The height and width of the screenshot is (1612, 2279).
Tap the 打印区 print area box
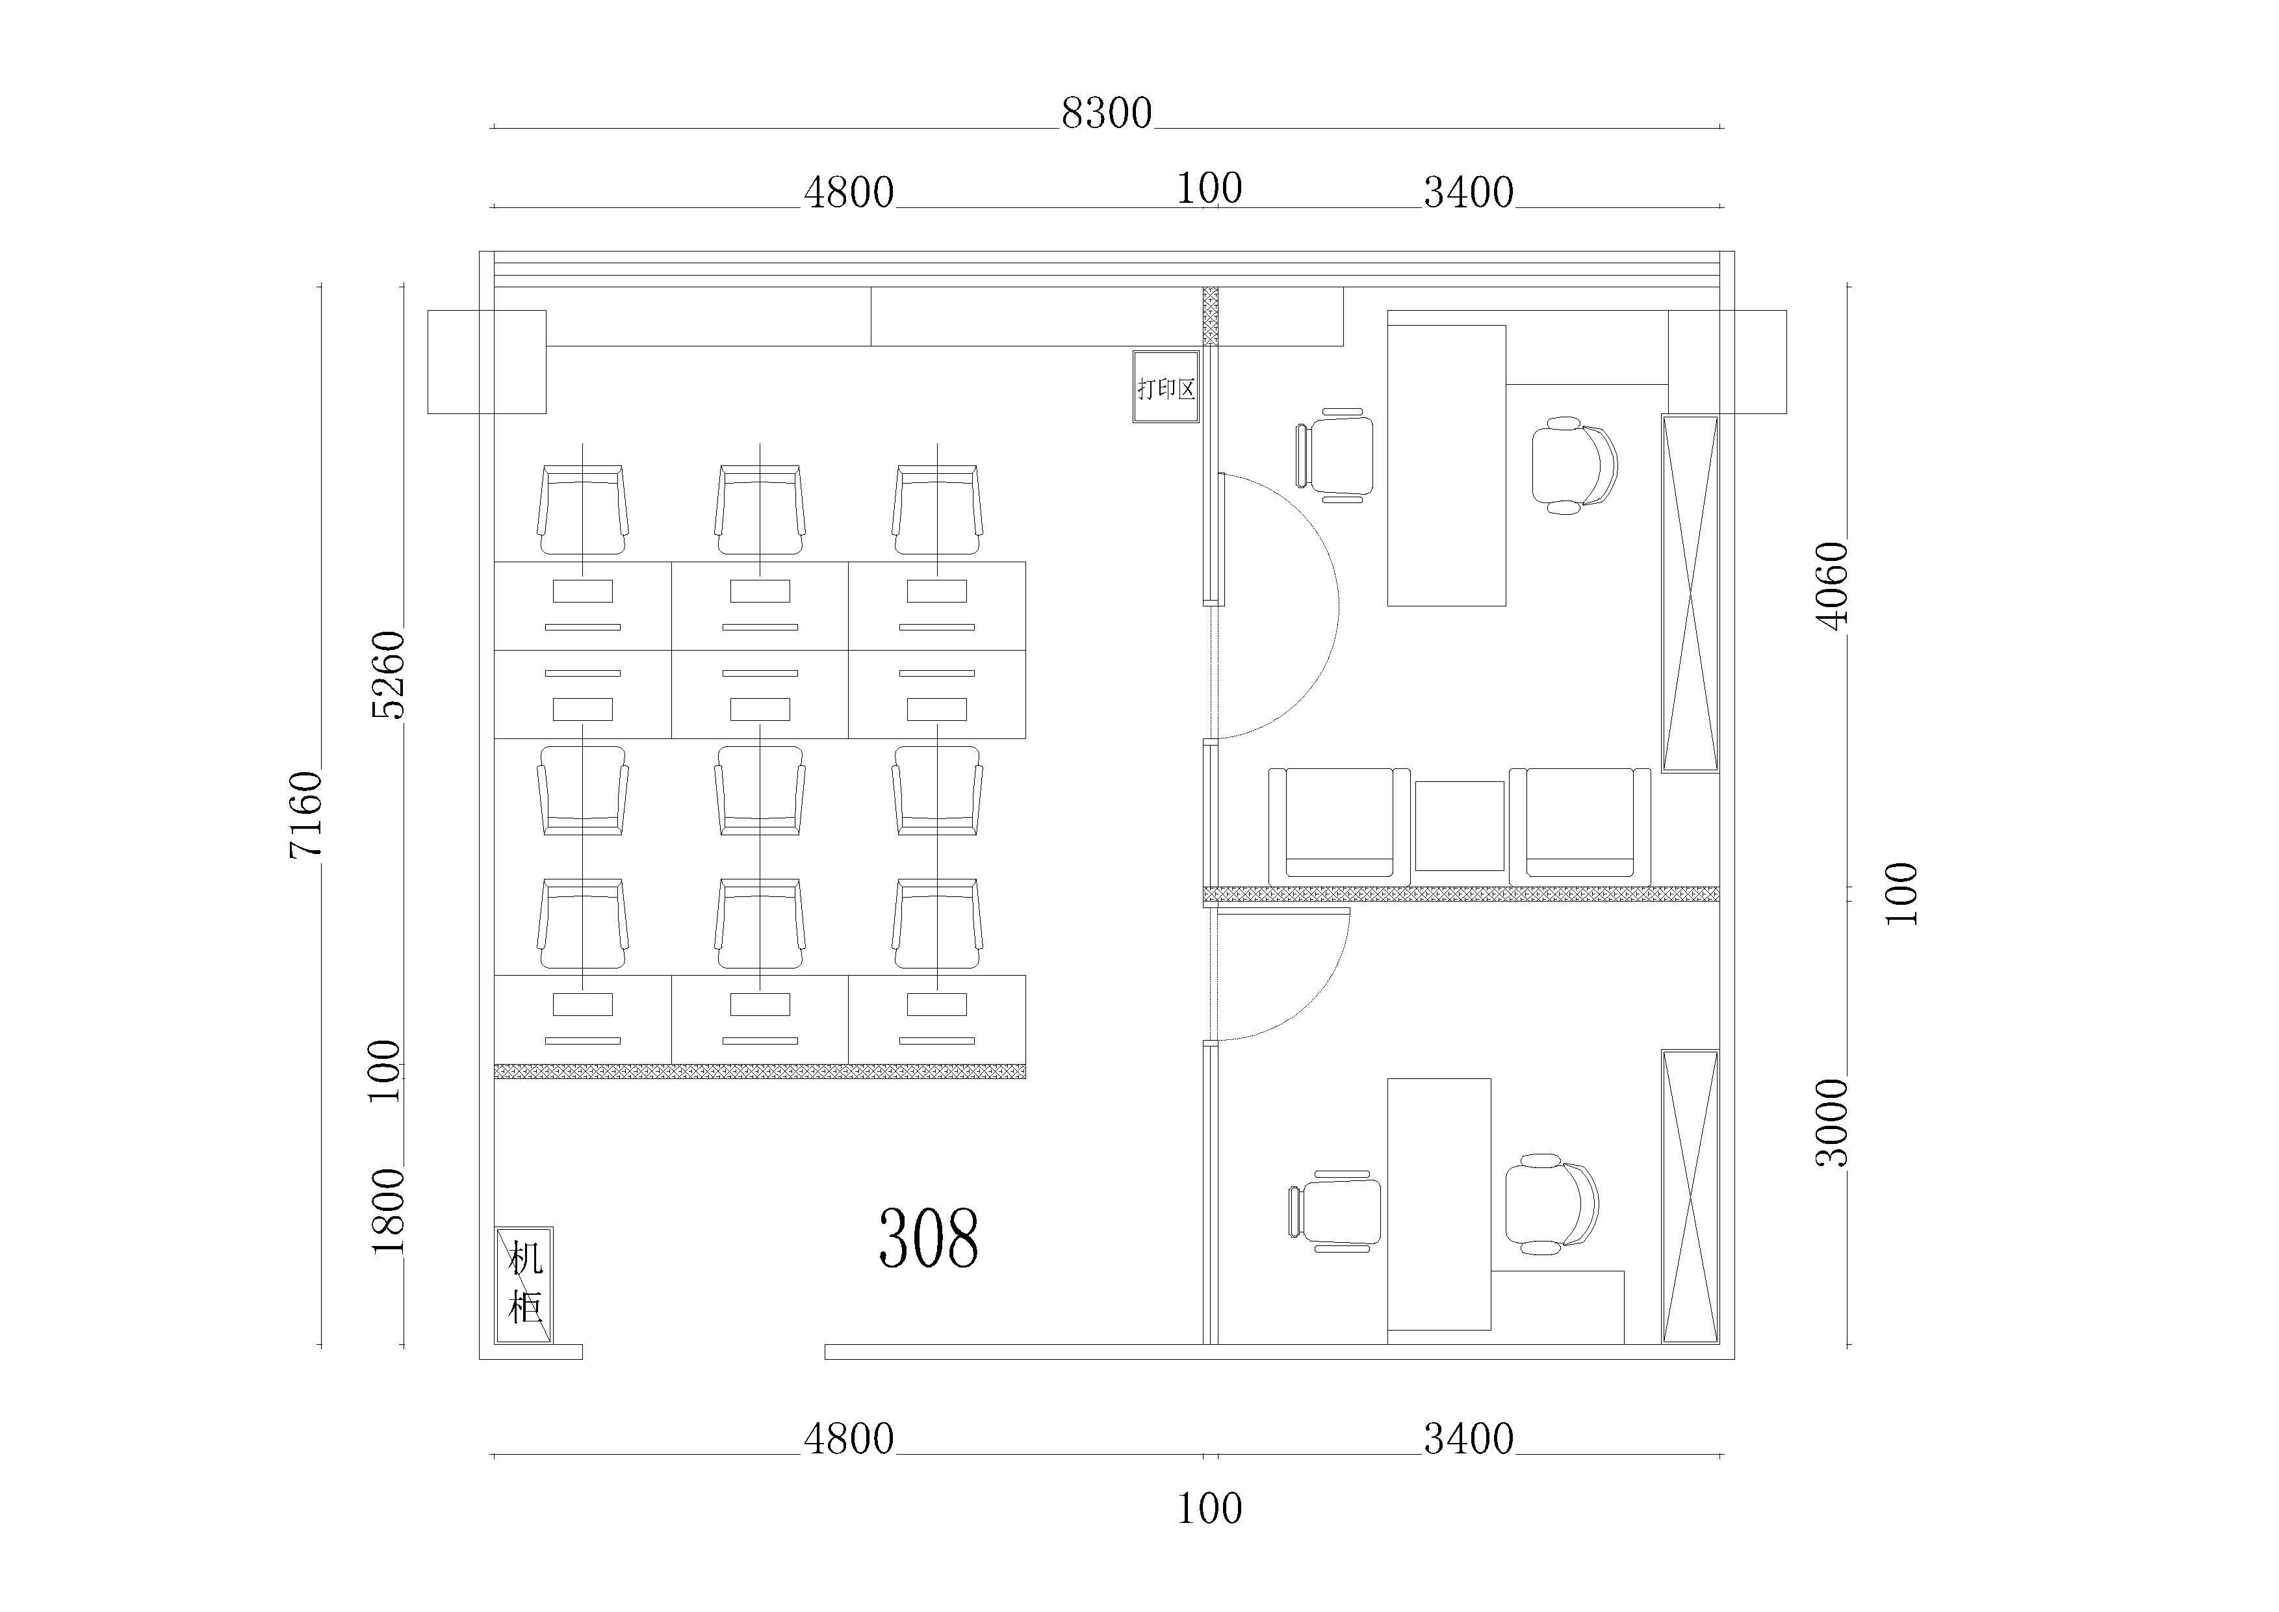[x=1166, y=387]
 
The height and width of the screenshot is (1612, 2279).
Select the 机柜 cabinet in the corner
[x=524, y=1286]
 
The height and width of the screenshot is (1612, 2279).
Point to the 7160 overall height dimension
[x=305, y=814]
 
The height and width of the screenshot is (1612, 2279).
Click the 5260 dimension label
[x=388, y=675]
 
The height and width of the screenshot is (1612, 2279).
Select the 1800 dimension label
[x=388, y=1211]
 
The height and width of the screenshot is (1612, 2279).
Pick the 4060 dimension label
[x=1833, y=586]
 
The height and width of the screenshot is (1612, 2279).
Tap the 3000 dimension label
[x=1833, y=1122]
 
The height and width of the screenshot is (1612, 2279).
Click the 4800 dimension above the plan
[x=849, y=192]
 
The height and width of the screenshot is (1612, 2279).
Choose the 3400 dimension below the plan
[x=1469, y=1438]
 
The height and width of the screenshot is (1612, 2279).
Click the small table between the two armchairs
[x=1459, y=826]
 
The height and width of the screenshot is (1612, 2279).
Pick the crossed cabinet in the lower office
[x=1690, y=1196]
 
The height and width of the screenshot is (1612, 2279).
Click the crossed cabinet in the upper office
[x=1690, y=593]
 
